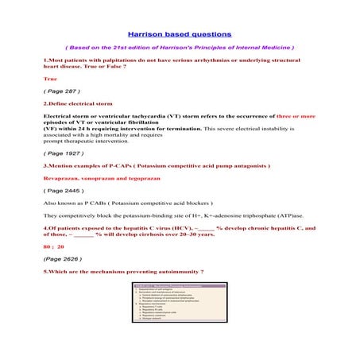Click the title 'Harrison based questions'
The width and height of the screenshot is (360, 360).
coord(180,34)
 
